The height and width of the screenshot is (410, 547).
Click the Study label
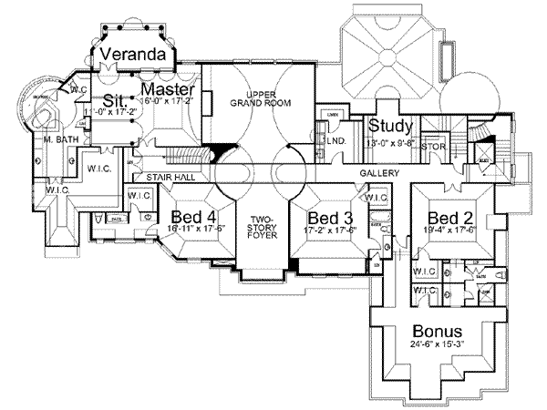coord(391,126)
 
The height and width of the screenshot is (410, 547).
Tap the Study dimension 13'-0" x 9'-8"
coord(391,141)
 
